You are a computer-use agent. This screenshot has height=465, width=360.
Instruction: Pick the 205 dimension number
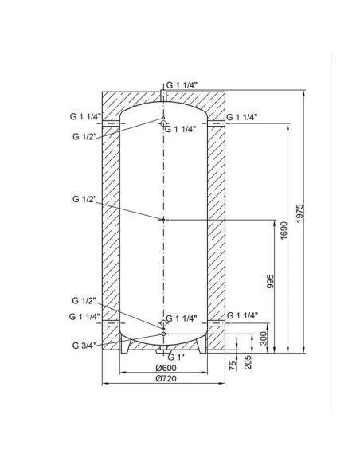point(249,362)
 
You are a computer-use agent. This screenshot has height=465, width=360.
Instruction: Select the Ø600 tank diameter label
point(163,367)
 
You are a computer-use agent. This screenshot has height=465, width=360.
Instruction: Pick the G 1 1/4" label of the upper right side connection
point(243,117)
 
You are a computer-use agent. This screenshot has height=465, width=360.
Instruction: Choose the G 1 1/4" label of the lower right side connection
point(243,315)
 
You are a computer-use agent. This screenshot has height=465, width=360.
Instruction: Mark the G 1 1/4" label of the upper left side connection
point(86,116)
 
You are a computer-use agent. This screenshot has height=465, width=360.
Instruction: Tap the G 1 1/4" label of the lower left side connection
point(86,316)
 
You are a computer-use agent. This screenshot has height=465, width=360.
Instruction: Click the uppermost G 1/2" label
point(84,136)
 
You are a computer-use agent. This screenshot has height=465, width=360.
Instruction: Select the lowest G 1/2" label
point(84,300)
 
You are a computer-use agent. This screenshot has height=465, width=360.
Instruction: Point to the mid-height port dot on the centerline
point(163,220)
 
